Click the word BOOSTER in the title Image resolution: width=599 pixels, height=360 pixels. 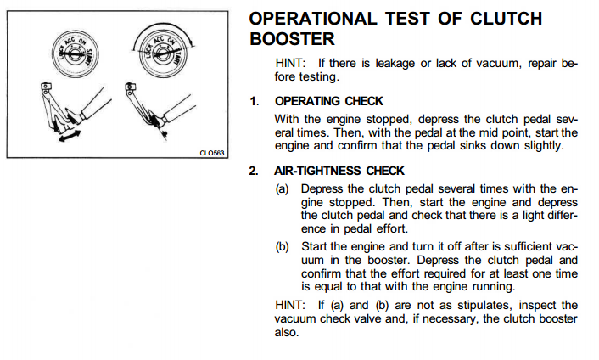point(292,39)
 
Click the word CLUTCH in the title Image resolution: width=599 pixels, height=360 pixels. point(506,19)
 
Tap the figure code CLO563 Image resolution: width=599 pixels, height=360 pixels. point(212,153)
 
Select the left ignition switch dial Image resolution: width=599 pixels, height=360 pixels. point(76,53)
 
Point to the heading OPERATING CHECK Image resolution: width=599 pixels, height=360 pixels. point(328,101)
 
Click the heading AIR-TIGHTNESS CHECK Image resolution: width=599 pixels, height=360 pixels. point(339,171)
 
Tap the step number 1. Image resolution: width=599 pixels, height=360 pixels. point(254,101)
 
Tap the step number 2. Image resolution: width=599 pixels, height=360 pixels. point(254,171)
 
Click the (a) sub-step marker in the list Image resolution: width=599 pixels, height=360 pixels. point(282,188)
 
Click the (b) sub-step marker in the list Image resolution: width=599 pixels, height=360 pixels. point(282,246)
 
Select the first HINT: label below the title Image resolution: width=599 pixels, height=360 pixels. point(290,63)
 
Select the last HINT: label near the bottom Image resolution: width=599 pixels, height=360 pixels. point(290,305)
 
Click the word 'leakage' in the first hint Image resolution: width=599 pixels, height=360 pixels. point(395,64)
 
